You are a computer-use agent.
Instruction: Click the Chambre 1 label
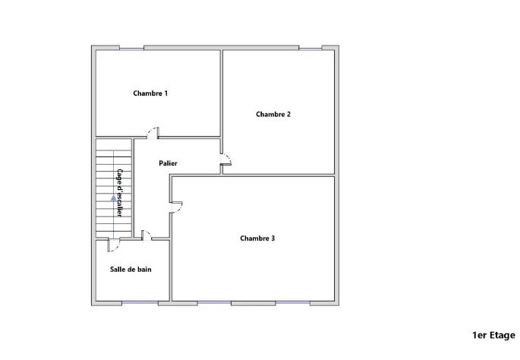tap(150, 93)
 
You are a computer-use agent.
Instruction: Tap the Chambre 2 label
tap(273, 114)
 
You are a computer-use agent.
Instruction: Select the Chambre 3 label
tap(257, 238)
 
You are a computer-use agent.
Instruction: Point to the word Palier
tap(168, 163)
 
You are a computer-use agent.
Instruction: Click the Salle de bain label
tap(131, 270)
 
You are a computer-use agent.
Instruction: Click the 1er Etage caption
tap(493, 336)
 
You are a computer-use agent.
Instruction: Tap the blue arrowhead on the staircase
tap(113, 198)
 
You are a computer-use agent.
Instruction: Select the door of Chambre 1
tap(153, 133)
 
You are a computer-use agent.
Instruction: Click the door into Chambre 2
tap(226, 159)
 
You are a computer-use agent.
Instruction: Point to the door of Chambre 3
tap(176, 207)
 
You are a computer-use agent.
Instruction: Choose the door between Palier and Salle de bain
tap(147, 235)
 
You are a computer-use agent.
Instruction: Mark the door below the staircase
tap(114, 245)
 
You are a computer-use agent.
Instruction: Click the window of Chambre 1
tap(131, 49)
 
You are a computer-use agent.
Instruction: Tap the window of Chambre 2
tap(310, 49)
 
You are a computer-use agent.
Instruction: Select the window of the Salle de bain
tap(140, 302)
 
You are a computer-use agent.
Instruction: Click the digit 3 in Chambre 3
tap(273, 238)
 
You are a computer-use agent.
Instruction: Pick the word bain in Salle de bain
tap(144, 270)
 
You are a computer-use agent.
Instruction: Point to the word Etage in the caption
tap(502, 336)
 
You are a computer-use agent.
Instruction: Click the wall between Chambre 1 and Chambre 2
tap(222, 93)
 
